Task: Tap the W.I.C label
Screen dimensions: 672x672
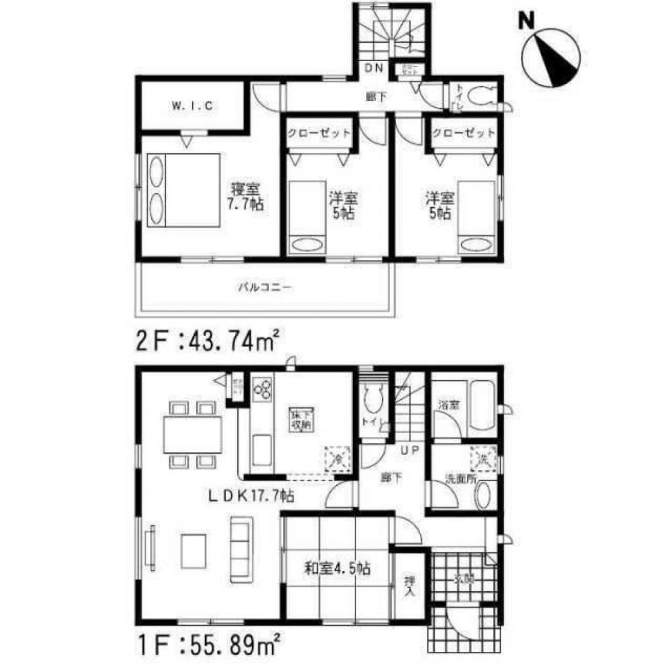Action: [192, 106]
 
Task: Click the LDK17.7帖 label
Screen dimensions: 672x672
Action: [249, 497]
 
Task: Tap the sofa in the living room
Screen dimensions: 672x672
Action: [240, 549]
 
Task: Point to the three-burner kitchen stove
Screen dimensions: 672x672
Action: [263, 388]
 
